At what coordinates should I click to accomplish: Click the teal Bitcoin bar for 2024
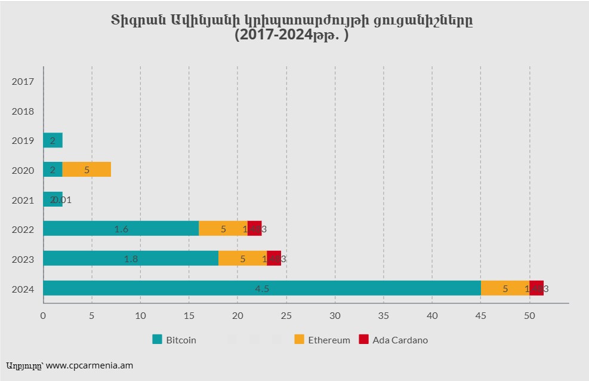(x=262, y=288)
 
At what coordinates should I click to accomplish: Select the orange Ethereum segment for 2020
(x=87, y=170)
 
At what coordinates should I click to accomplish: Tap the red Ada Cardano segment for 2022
(x=255, y=229)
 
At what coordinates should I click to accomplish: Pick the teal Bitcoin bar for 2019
(x=53, y=140)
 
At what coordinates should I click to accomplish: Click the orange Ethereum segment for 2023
(x=242, y=259)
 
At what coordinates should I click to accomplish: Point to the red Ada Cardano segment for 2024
(x=536, y=288)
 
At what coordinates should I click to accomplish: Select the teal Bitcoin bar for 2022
(x=121, y=229)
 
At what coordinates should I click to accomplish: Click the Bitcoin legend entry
(x=174, y=340)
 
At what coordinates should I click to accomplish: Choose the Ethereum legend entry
(x=322, y=340)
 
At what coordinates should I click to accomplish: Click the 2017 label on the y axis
(x=23, y=82)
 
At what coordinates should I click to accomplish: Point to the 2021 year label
(x=23, y=200)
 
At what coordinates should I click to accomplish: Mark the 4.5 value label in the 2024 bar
(x=262, y=288)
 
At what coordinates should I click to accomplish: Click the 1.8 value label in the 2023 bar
(x=131, y=259)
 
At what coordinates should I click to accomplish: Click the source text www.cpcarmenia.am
(x=90, y=365)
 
